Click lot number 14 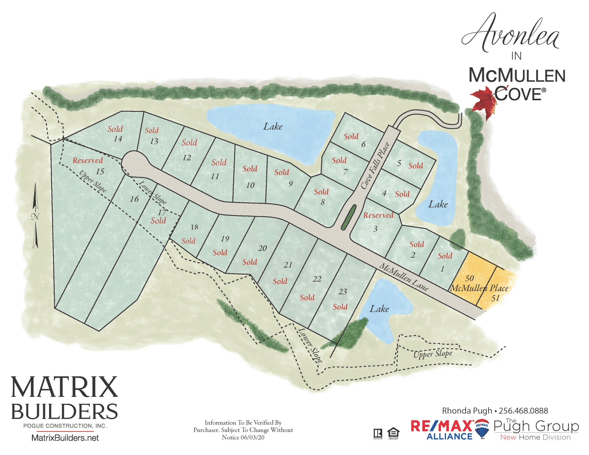point(118,139)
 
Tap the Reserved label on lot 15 point(88,160)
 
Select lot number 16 point(134,199)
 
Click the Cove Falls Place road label point(375,166)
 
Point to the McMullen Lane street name point(404,277)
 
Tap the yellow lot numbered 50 point(469,278)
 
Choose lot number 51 point(495,298)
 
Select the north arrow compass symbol point(36,216)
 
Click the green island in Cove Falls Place point(349,217)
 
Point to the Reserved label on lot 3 point(378,215)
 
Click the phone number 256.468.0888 point(523,411)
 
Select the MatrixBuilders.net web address point(65,438)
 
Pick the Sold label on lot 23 point(340,307)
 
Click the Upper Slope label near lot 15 point(92,181)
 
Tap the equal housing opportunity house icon point(393,433)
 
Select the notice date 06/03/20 point(252,438)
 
